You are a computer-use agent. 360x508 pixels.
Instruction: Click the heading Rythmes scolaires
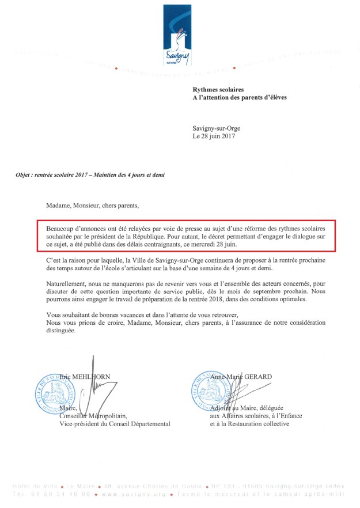coord(218,90)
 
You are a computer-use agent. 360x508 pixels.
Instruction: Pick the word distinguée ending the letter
coord(60,331)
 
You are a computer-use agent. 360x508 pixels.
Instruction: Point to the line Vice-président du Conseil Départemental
coord(115,424)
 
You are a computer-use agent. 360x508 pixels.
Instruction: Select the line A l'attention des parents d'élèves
coord(239,98)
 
